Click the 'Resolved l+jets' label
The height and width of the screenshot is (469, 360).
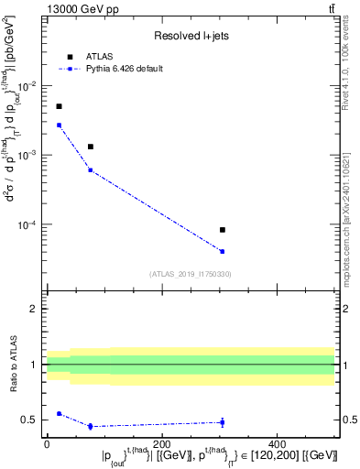pos(191,36)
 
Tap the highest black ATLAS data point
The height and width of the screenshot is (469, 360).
pos(59,106)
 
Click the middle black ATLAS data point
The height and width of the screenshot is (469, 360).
pos(90,147)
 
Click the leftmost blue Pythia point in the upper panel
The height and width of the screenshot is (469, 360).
pos(59,125)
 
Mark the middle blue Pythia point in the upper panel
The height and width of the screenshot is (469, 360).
pos(90,169)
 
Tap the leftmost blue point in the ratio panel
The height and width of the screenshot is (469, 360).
pos(59,413)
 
